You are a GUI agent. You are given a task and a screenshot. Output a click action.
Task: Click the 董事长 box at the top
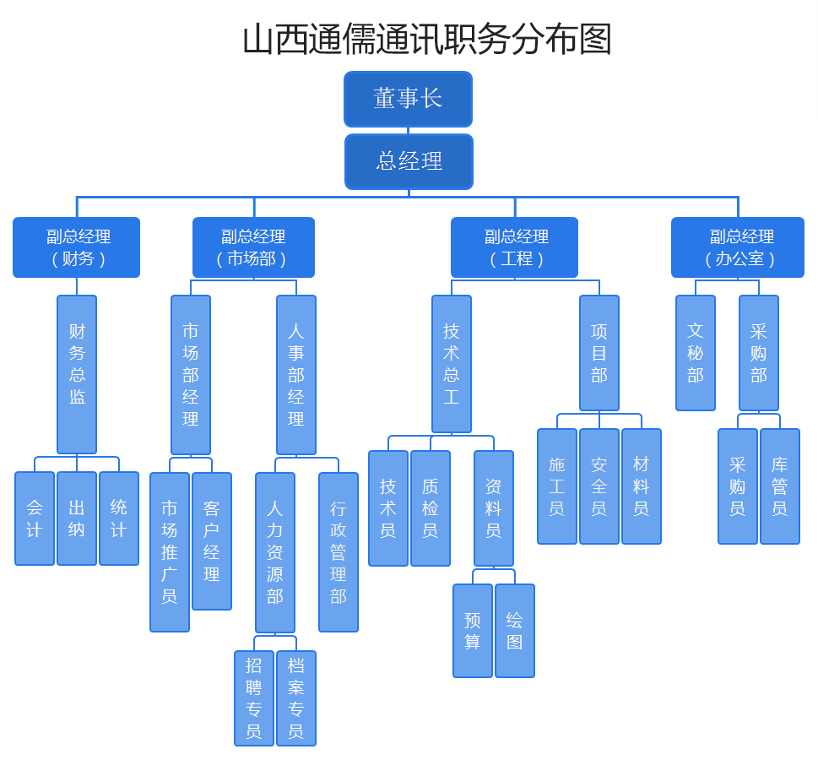(408, 99)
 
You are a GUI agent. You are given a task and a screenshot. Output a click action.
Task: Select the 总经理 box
(409, 161)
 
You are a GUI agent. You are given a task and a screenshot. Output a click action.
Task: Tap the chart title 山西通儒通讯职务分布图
(426, 39)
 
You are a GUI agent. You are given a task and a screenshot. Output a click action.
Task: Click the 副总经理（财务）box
(76, 247)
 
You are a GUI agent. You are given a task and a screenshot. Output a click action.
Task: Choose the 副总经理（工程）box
(514, 247)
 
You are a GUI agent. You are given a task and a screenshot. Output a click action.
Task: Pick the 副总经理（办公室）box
(737, 247)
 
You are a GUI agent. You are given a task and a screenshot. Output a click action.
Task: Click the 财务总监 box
(77, 374)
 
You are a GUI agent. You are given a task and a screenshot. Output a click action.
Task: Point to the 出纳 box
(77, 518)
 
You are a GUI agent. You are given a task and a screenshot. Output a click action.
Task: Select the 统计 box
(119, 518)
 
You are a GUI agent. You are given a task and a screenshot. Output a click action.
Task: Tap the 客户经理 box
(212, 541)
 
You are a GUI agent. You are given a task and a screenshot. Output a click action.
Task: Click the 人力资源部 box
(275, 552)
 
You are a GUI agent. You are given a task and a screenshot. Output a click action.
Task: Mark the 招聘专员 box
(254, 698)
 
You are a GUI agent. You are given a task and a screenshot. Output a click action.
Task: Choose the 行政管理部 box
(339, 552)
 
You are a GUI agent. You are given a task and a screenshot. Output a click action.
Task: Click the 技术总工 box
(452, 364)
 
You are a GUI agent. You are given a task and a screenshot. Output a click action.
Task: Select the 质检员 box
(431, 508)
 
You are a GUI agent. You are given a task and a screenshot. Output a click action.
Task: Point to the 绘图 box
(515, 631)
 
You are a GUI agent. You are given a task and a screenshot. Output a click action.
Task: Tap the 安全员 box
(599, 486)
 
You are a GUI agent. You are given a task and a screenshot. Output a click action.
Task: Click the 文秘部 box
(696, 353)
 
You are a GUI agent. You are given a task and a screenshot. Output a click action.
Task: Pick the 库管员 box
(780, 486)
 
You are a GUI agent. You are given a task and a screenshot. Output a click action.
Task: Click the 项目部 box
(599, 353)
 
